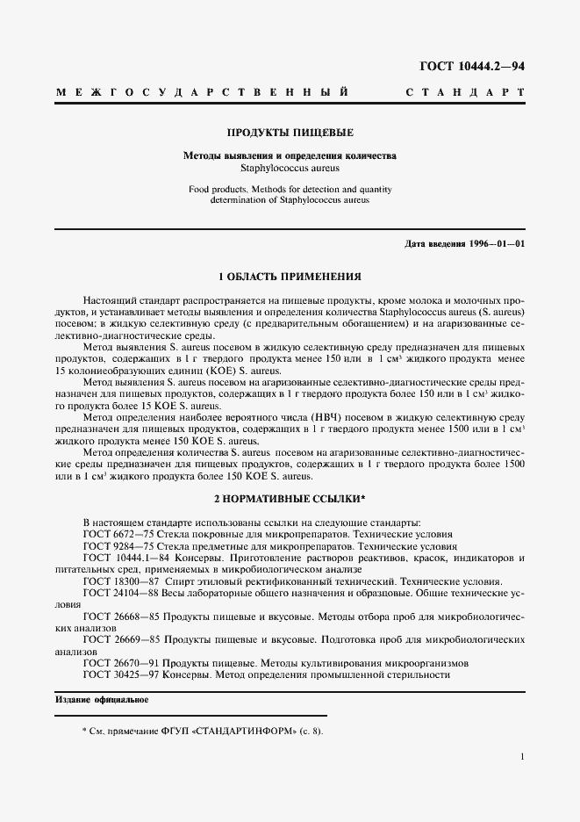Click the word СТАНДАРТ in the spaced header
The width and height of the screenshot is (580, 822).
pos(467,92)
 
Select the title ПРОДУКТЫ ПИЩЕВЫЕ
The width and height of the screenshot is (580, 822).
pos(290,133)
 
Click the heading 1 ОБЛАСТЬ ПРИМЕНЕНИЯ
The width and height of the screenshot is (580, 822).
pos(290,275)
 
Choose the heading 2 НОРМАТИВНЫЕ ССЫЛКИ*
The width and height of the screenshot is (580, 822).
pos(290,498)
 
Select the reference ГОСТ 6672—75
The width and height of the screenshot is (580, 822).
pos(118,534)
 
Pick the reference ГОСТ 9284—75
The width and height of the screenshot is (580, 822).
pos(118,545)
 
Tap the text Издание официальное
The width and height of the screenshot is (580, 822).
pos(102,700)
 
